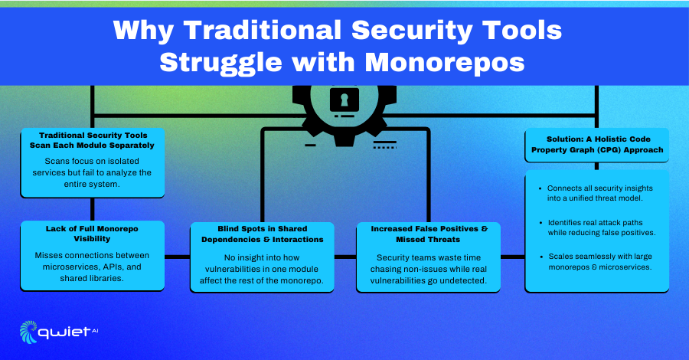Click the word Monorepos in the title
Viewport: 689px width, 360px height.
click(x=445, y=62)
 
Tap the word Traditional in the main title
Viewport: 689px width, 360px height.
click(x=263, y=30)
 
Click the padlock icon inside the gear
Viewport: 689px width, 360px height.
click(x=344, y=100)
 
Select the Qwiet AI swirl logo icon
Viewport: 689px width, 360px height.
click(x=28, y=332)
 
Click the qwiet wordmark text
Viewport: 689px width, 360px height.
click(x=64, y=332)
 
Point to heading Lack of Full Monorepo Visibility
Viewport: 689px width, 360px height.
click(x=92, y=234)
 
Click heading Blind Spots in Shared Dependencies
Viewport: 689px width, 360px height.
click(x=263, y=234)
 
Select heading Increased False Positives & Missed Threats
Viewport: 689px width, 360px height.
click(x=429, y=234)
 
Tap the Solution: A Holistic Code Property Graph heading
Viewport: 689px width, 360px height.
click(x=597, y=144)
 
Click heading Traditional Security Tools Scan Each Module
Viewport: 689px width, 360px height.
click(x=92, y=140)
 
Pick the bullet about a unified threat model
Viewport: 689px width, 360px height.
click(x=596, y=193)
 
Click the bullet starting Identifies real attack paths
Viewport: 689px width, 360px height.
click(x=598, y=227)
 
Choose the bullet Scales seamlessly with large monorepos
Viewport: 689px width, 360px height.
click(x=596, y=261)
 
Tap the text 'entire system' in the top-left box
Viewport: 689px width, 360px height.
click(x=91, y=184)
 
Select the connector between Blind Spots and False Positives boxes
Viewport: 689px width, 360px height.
click(x=345, y=257)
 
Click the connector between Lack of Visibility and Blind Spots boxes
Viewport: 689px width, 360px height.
click(x=177, y=257)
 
